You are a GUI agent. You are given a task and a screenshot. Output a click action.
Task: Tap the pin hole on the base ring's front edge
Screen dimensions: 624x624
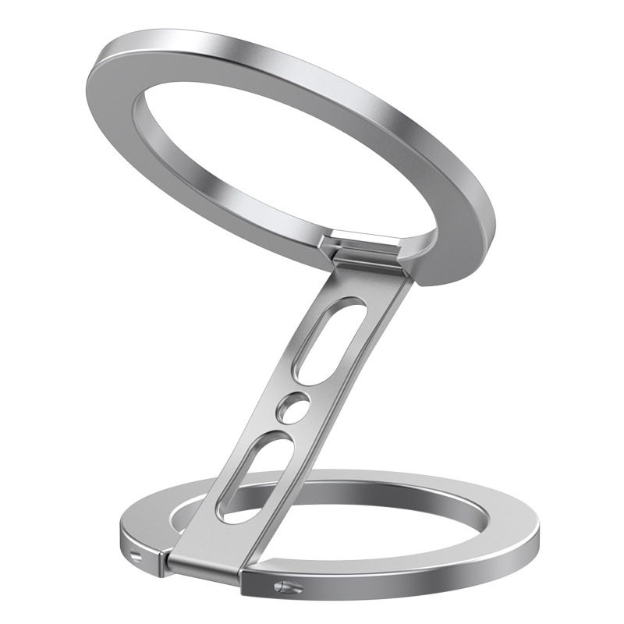tap(282, 587)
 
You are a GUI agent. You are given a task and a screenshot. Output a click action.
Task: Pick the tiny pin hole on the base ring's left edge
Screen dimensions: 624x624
tap(139, 551)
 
